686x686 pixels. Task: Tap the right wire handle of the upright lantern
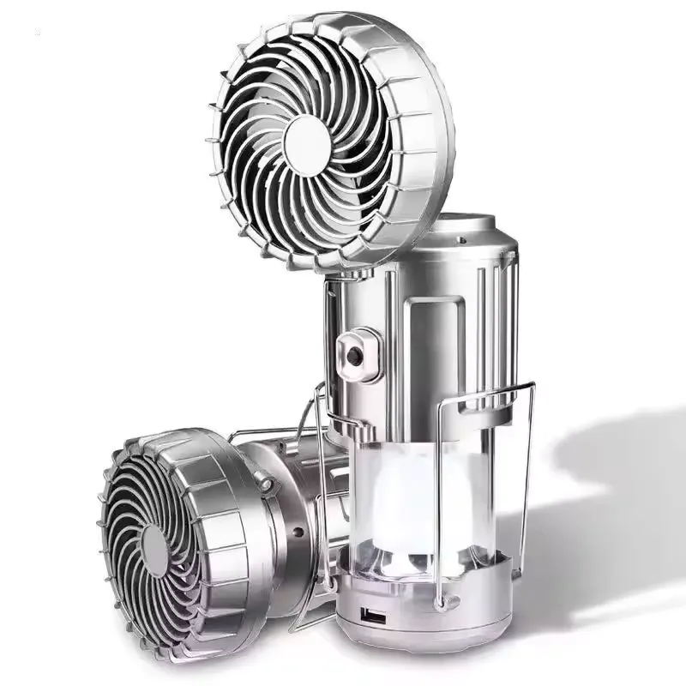point(525,480)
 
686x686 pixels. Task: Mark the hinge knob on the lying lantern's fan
point(268,485)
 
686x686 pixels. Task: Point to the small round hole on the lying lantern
point(298,532)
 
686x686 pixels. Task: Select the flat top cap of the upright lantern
point(463,225)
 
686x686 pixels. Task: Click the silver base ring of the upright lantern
point(412,609)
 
